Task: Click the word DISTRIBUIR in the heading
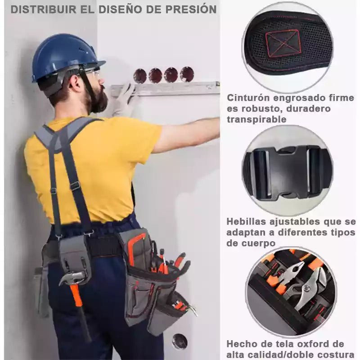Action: click(x=44, y=9)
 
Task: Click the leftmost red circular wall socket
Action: click(x=140, y=76)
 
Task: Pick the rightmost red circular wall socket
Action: click(x=187, y=74)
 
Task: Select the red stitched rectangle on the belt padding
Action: click(x=283, y=43)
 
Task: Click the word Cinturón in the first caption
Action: click(x=248, y=98)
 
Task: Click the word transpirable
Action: click(x=256, y=119)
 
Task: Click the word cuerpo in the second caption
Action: click(x=251, y=243)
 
